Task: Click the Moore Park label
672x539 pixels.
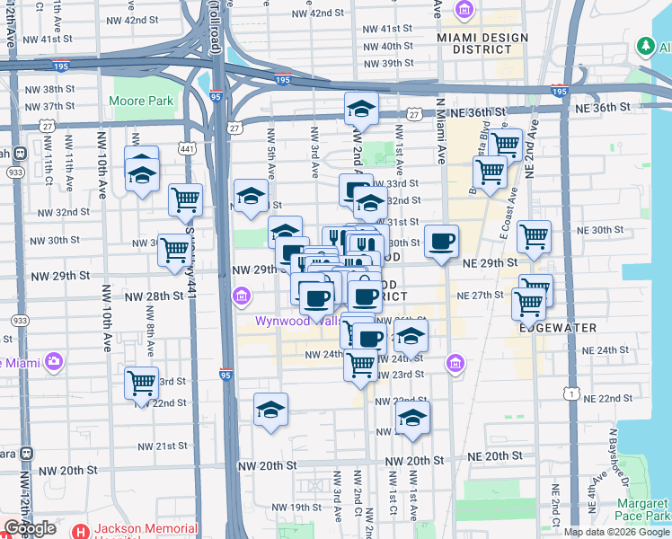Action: [x=142, y=102]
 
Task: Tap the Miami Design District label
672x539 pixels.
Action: [x=473, y=42]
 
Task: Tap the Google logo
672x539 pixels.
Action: [x=31, y=528]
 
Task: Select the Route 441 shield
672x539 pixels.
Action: [x=187, y=148]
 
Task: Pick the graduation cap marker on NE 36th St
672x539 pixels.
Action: [x=361, y=110]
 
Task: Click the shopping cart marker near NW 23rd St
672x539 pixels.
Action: [x=142, y=384]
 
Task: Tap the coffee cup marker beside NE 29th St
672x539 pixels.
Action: [x=441, y=242]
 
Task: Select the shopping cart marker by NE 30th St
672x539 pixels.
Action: [x=534, y=237]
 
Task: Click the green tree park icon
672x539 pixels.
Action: [x=644, y=46]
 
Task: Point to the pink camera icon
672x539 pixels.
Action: [x=53, y=362]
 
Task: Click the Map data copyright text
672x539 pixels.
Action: [x=616, y=532]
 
